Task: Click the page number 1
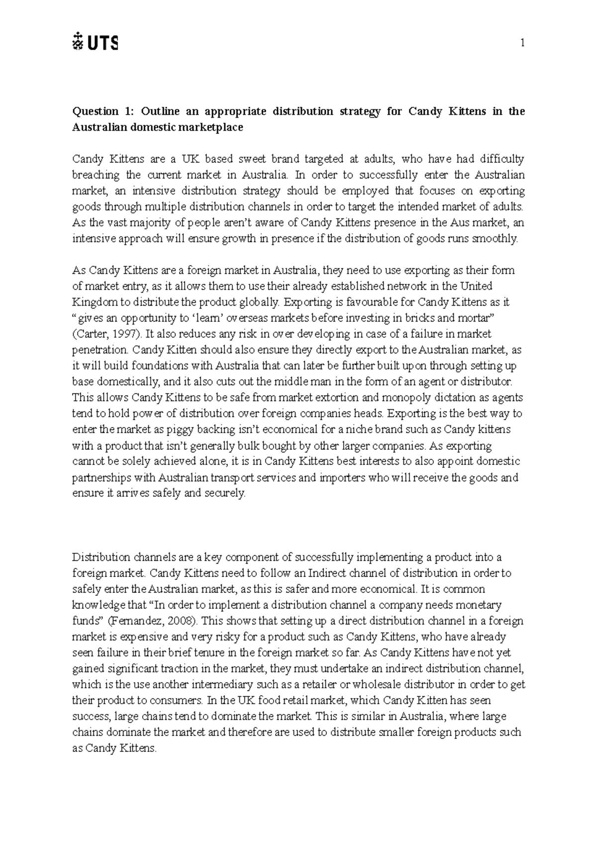pyautogui.click(x=522, y=43)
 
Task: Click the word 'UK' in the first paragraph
pyautogui.click(x=190, y=159)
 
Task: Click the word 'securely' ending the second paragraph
pyautogui.click(x=224, y=493)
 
